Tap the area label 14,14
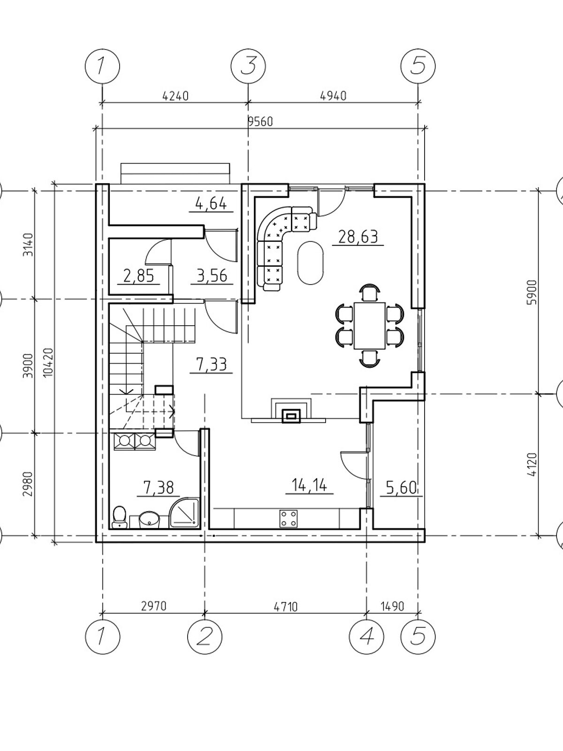click(x=309, y=485)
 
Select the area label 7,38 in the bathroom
click(x=159, y=488)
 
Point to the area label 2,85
click(x=138, y=276)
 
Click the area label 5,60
click(x=401, y=488)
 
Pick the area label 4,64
click(x=211, y=204)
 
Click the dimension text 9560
click(x=261, y=122)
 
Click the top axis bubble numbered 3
click(x=248, y=66)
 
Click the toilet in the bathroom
click(x=119, y=518)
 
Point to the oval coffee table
click(x=311, y=263)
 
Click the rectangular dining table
click(x=370, y=325)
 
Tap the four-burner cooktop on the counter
click(x=289, y=518)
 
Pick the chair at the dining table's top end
click(x=370, y=292)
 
